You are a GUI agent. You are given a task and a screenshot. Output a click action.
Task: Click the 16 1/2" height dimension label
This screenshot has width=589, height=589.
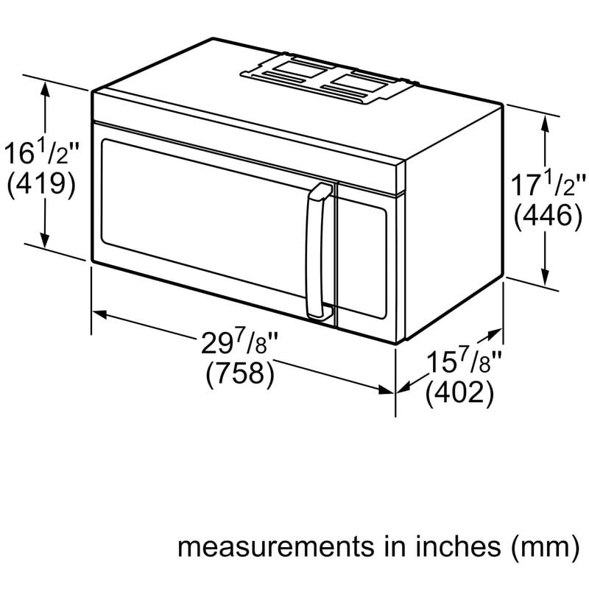tap(42, 152)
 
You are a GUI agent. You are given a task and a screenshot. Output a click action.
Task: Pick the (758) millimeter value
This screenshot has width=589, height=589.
tap(240, 373)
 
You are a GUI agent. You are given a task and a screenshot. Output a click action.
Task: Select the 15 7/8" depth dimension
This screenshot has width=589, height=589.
tap(464, 361)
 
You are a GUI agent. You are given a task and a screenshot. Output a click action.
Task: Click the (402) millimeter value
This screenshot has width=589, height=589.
tap(459, 392)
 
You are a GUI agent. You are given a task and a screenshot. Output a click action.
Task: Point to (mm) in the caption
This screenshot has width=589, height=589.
tap(546, 547)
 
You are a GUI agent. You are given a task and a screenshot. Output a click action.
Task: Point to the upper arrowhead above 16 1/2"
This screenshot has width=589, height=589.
tap(45, 90)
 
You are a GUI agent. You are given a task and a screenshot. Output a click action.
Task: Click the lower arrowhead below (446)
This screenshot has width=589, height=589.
tap(546, 276)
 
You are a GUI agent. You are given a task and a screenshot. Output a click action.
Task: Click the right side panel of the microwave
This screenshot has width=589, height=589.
tap(454, 222)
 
